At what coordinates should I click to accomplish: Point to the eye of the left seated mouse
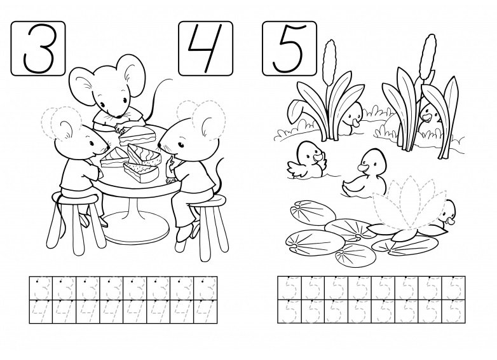pos(92,143)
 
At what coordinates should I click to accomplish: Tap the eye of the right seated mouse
pos(181,145)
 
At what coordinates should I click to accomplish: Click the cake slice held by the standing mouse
pos(137,135)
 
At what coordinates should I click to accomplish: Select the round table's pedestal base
pos(136,228)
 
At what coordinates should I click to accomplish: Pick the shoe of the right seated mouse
pos(184,233)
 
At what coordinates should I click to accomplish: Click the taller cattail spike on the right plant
pos(428,57)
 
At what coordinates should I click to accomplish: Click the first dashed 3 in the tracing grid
pos(41,288)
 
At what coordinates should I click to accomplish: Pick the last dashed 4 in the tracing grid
pos(205,312)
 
